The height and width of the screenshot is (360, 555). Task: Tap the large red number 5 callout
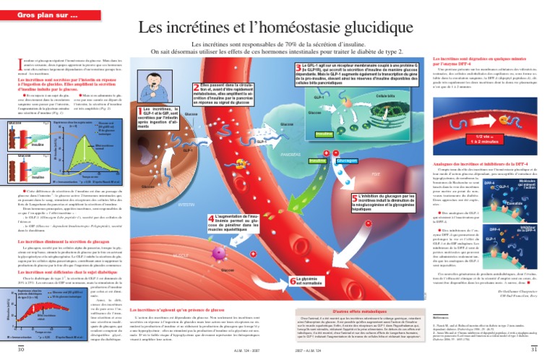pos(355,197)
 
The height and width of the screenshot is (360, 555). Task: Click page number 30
pos(21,349)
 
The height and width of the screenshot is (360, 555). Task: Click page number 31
pos(535,349)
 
